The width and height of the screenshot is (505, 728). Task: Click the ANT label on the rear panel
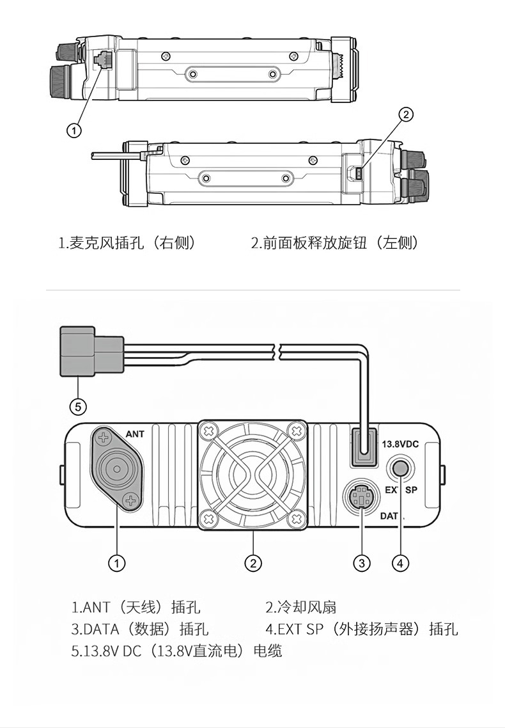135,434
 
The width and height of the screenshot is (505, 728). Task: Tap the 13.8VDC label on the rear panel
400,445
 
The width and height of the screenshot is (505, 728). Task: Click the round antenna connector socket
115,468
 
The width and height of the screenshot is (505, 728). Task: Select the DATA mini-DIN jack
361,498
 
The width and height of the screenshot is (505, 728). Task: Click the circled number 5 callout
78,407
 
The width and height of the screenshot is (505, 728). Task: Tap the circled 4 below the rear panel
401,563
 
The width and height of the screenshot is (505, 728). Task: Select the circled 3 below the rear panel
362,563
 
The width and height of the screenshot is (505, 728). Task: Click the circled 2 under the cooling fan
252,563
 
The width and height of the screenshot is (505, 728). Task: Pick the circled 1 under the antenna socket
117,563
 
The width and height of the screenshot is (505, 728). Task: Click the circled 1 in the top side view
74,131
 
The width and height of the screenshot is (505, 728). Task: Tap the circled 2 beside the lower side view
406,115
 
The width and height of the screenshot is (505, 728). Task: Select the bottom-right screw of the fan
297,518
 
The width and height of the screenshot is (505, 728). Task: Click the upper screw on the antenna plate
104,437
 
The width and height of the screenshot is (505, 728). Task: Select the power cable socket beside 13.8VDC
364,446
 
